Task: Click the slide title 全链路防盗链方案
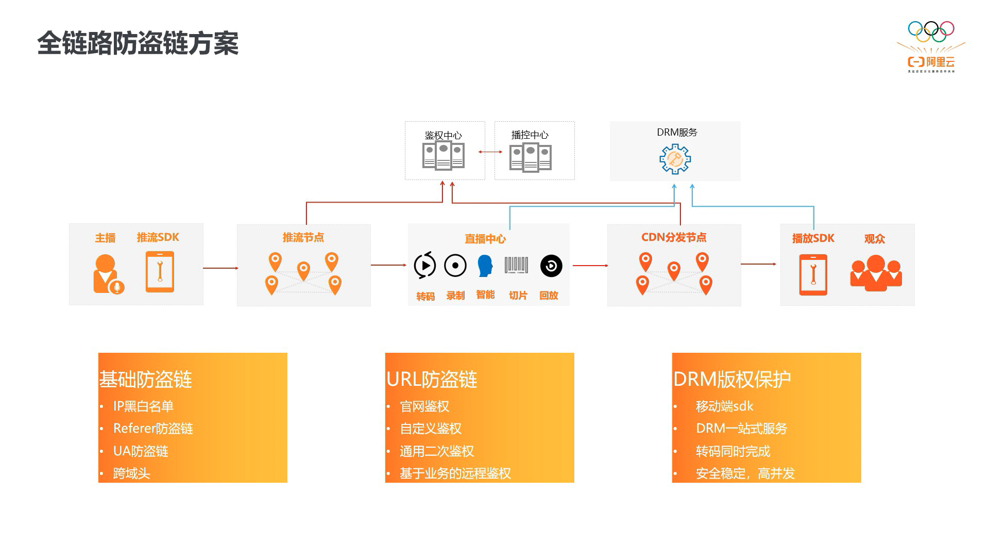138,43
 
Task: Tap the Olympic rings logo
931,31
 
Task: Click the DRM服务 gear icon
675,159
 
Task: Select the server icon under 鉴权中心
443,156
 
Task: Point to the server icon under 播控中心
530,157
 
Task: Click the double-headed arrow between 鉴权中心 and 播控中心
490,152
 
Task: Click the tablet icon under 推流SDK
160,272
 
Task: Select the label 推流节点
303,237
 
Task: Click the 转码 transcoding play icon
425,266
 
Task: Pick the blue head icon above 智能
485,266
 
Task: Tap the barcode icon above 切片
516,265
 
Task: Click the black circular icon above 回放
551,266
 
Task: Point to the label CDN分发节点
673,237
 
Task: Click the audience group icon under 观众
876,273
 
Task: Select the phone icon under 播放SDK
813,274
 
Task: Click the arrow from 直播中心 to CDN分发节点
590,266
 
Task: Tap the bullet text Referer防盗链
153,429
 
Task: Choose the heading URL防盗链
432,380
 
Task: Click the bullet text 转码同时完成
732,451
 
